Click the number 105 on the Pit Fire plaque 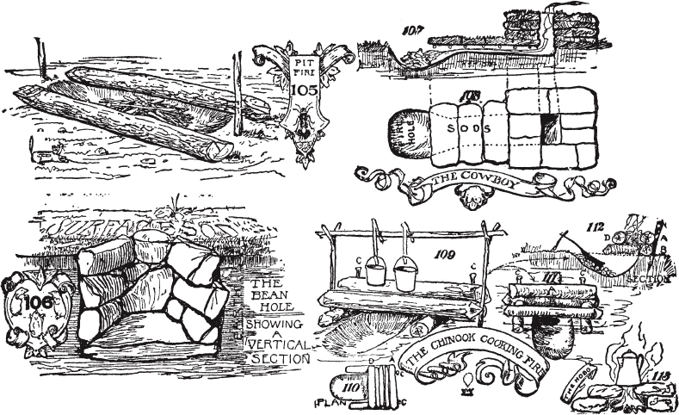304,90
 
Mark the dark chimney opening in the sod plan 547,130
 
